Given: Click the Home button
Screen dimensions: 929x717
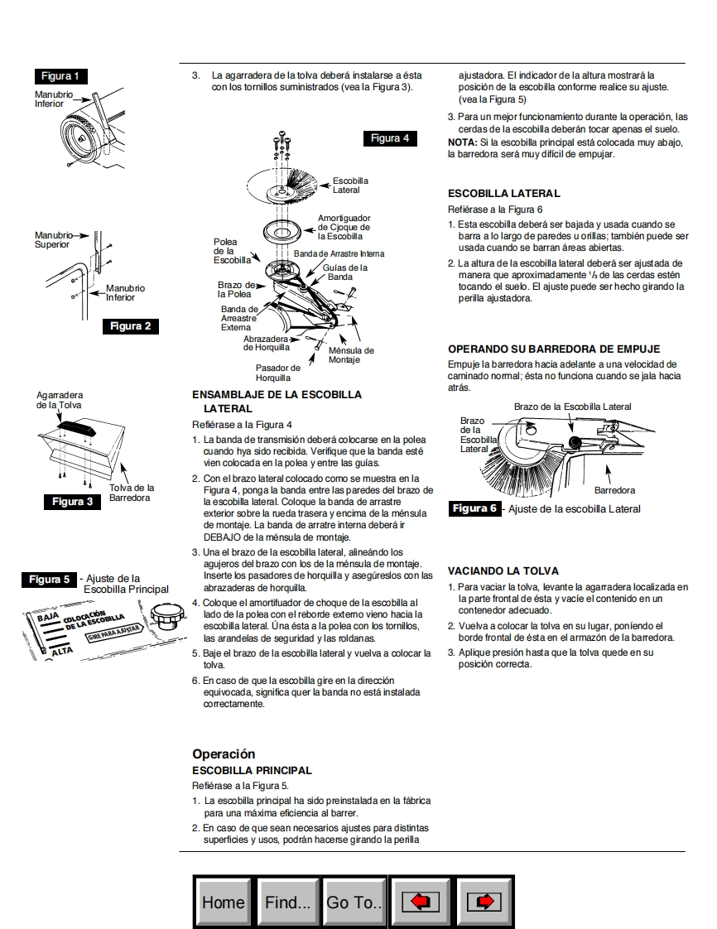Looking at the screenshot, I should (224, 902).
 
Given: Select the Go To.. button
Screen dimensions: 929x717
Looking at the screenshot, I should (354, 902).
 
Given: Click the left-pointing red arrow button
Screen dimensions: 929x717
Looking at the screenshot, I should (420, 902).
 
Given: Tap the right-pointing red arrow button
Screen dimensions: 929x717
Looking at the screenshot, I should (484, 902).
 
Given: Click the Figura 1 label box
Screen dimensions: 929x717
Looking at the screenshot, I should (61, 76).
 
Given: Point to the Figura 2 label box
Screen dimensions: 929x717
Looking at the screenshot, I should (131, 326).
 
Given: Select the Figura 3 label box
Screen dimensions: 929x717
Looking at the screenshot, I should (73, 502).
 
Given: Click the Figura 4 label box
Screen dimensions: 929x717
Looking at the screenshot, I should (390, 138).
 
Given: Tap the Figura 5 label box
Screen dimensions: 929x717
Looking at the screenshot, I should (50, 580).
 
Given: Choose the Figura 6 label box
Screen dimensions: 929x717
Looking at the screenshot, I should (475, 508).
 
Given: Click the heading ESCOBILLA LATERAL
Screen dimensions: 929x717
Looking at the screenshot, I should (503, 194).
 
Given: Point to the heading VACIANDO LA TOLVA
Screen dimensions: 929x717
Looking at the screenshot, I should (503, 571).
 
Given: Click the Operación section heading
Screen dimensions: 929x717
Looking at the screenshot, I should (224, 754).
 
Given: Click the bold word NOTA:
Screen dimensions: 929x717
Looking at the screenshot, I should (461, 142).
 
